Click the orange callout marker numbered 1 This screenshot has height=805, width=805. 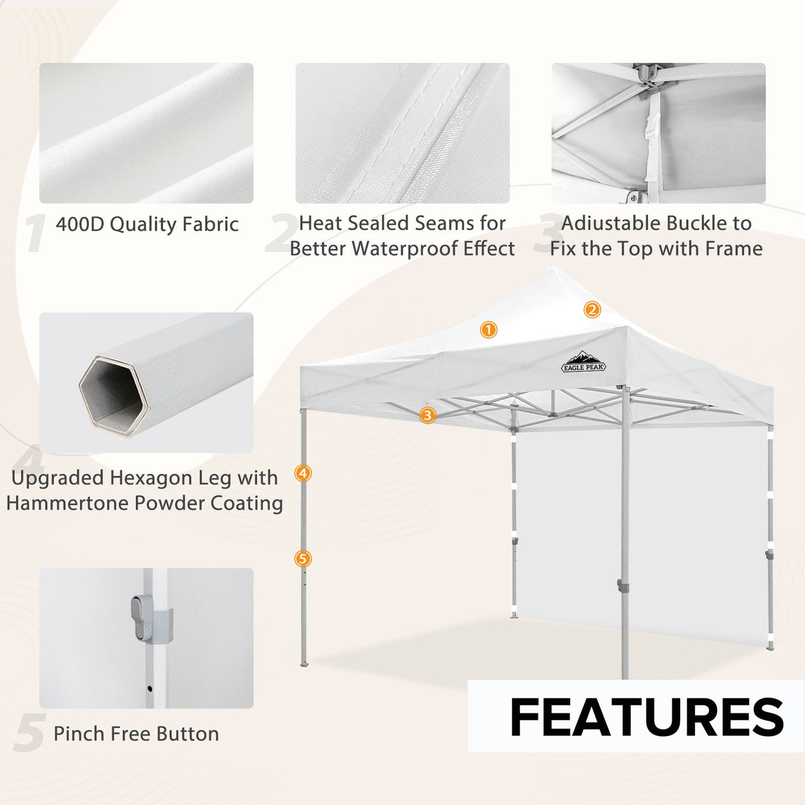click(489, 330)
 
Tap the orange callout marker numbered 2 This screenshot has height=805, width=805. click(592, 310)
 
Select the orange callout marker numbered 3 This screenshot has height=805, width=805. click(428, 416)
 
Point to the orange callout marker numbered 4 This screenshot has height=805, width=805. click(303, 473)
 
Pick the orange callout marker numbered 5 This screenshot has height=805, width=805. click(303, 559)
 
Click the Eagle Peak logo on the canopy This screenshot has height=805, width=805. click(584, 361)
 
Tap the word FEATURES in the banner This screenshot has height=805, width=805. click(647, 717)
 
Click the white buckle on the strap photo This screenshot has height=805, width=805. click(652, 126)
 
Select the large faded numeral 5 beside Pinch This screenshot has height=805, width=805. click(29, 733)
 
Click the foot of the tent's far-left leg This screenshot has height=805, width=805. click(304, 662)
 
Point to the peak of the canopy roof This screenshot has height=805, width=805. click(554, 269)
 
